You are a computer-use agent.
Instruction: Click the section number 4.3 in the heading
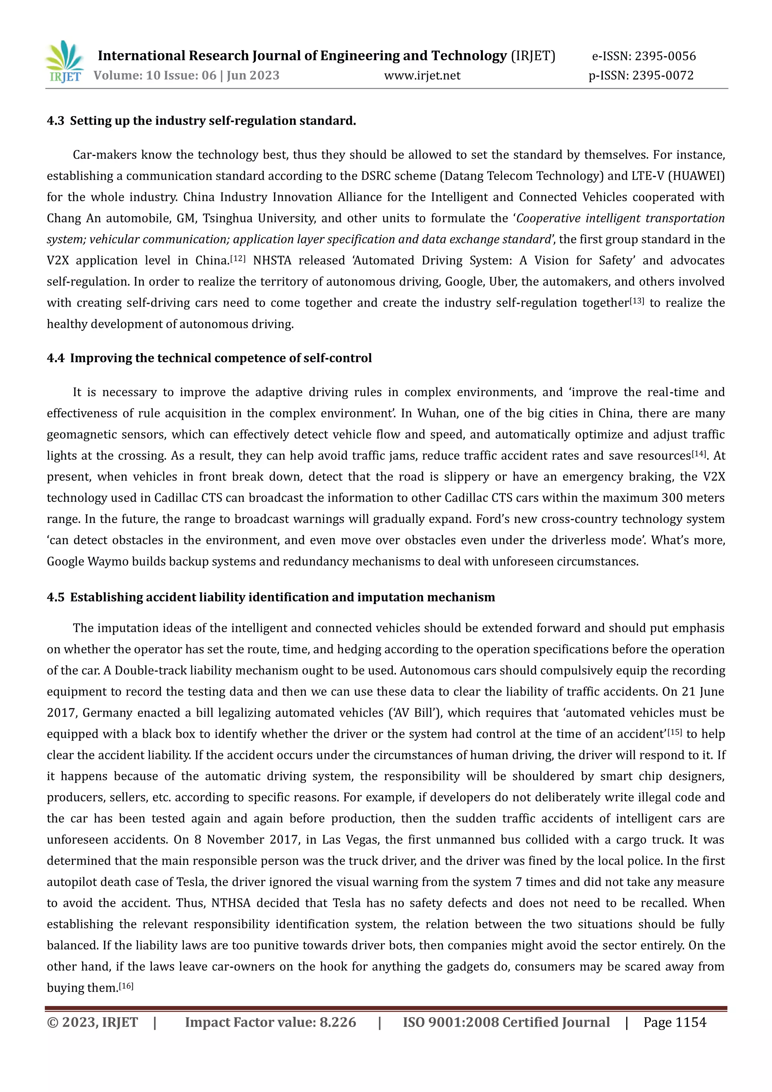(x=55, y=121)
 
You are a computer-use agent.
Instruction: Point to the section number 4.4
(x=55, y=358)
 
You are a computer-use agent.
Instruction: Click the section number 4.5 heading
(x=55, y=597)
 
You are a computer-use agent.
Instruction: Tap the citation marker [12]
(x=237, y=258)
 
